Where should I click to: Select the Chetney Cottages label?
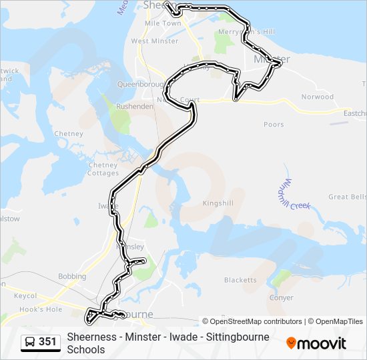(x=103, y=169)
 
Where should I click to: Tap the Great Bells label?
(x=347, y=197)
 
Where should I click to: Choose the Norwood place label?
(x=317, y=97)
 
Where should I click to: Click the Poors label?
(x=274, y=124)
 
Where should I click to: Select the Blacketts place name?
(x=240, y=280)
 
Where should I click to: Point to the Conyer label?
(x=281, y=298)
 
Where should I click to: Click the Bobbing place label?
(x=72, y=276)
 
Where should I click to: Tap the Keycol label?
(x=25, y=295)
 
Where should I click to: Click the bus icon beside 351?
(x=31, y=342)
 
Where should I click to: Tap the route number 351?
(x=47, y=342)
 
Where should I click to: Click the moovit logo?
(x=316, y=343)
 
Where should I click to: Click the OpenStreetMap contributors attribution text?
(x=256, y=321)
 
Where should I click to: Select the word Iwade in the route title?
(x=175, y=337)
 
